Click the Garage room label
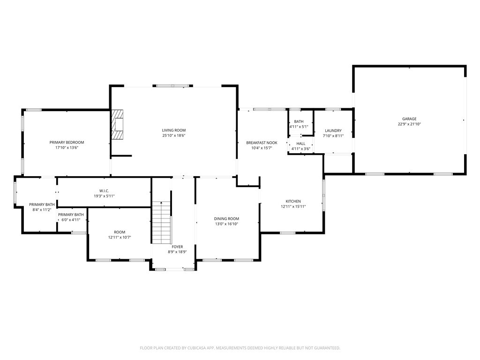pos(409,119)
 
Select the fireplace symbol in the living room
pos(118,125)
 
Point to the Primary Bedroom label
pos(67,142)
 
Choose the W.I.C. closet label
pos(104,191)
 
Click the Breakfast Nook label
pos(262,142)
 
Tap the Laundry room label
pos(333,131)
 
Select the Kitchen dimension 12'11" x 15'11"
pos(293,207)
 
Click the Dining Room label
pos(226,219)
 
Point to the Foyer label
pos(177,247)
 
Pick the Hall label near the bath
pos(300,144)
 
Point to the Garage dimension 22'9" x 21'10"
pos(409,124)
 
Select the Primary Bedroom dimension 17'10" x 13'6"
pos(67,148)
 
